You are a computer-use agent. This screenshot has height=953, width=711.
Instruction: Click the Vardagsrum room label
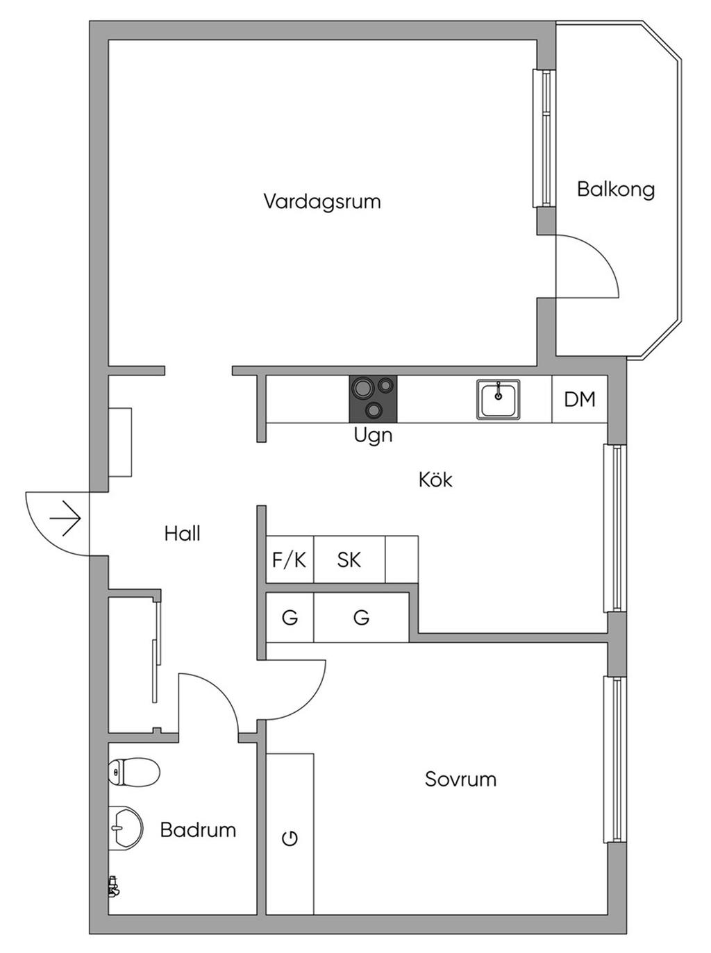322,202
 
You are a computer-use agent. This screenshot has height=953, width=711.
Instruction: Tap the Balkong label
616,189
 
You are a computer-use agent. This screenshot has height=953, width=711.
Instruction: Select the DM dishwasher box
580,399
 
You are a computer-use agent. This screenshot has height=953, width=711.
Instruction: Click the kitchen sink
498,399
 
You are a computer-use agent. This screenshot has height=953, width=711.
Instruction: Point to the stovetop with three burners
373,398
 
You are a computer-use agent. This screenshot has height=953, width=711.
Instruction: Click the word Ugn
373,436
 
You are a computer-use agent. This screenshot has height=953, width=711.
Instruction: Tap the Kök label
435,480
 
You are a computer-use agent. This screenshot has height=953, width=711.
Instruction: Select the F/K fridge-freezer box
290,559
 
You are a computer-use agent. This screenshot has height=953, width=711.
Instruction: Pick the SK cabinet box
349,559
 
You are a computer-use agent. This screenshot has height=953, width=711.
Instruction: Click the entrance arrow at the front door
67,518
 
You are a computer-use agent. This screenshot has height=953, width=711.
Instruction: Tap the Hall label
183,534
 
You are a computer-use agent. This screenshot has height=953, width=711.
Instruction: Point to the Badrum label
198,829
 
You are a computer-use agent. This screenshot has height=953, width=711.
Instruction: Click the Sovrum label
460,779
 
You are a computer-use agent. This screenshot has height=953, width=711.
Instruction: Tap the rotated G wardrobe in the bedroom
290,838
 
